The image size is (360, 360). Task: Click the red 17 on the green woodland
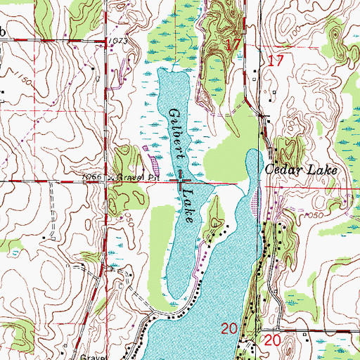[235, 44]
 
